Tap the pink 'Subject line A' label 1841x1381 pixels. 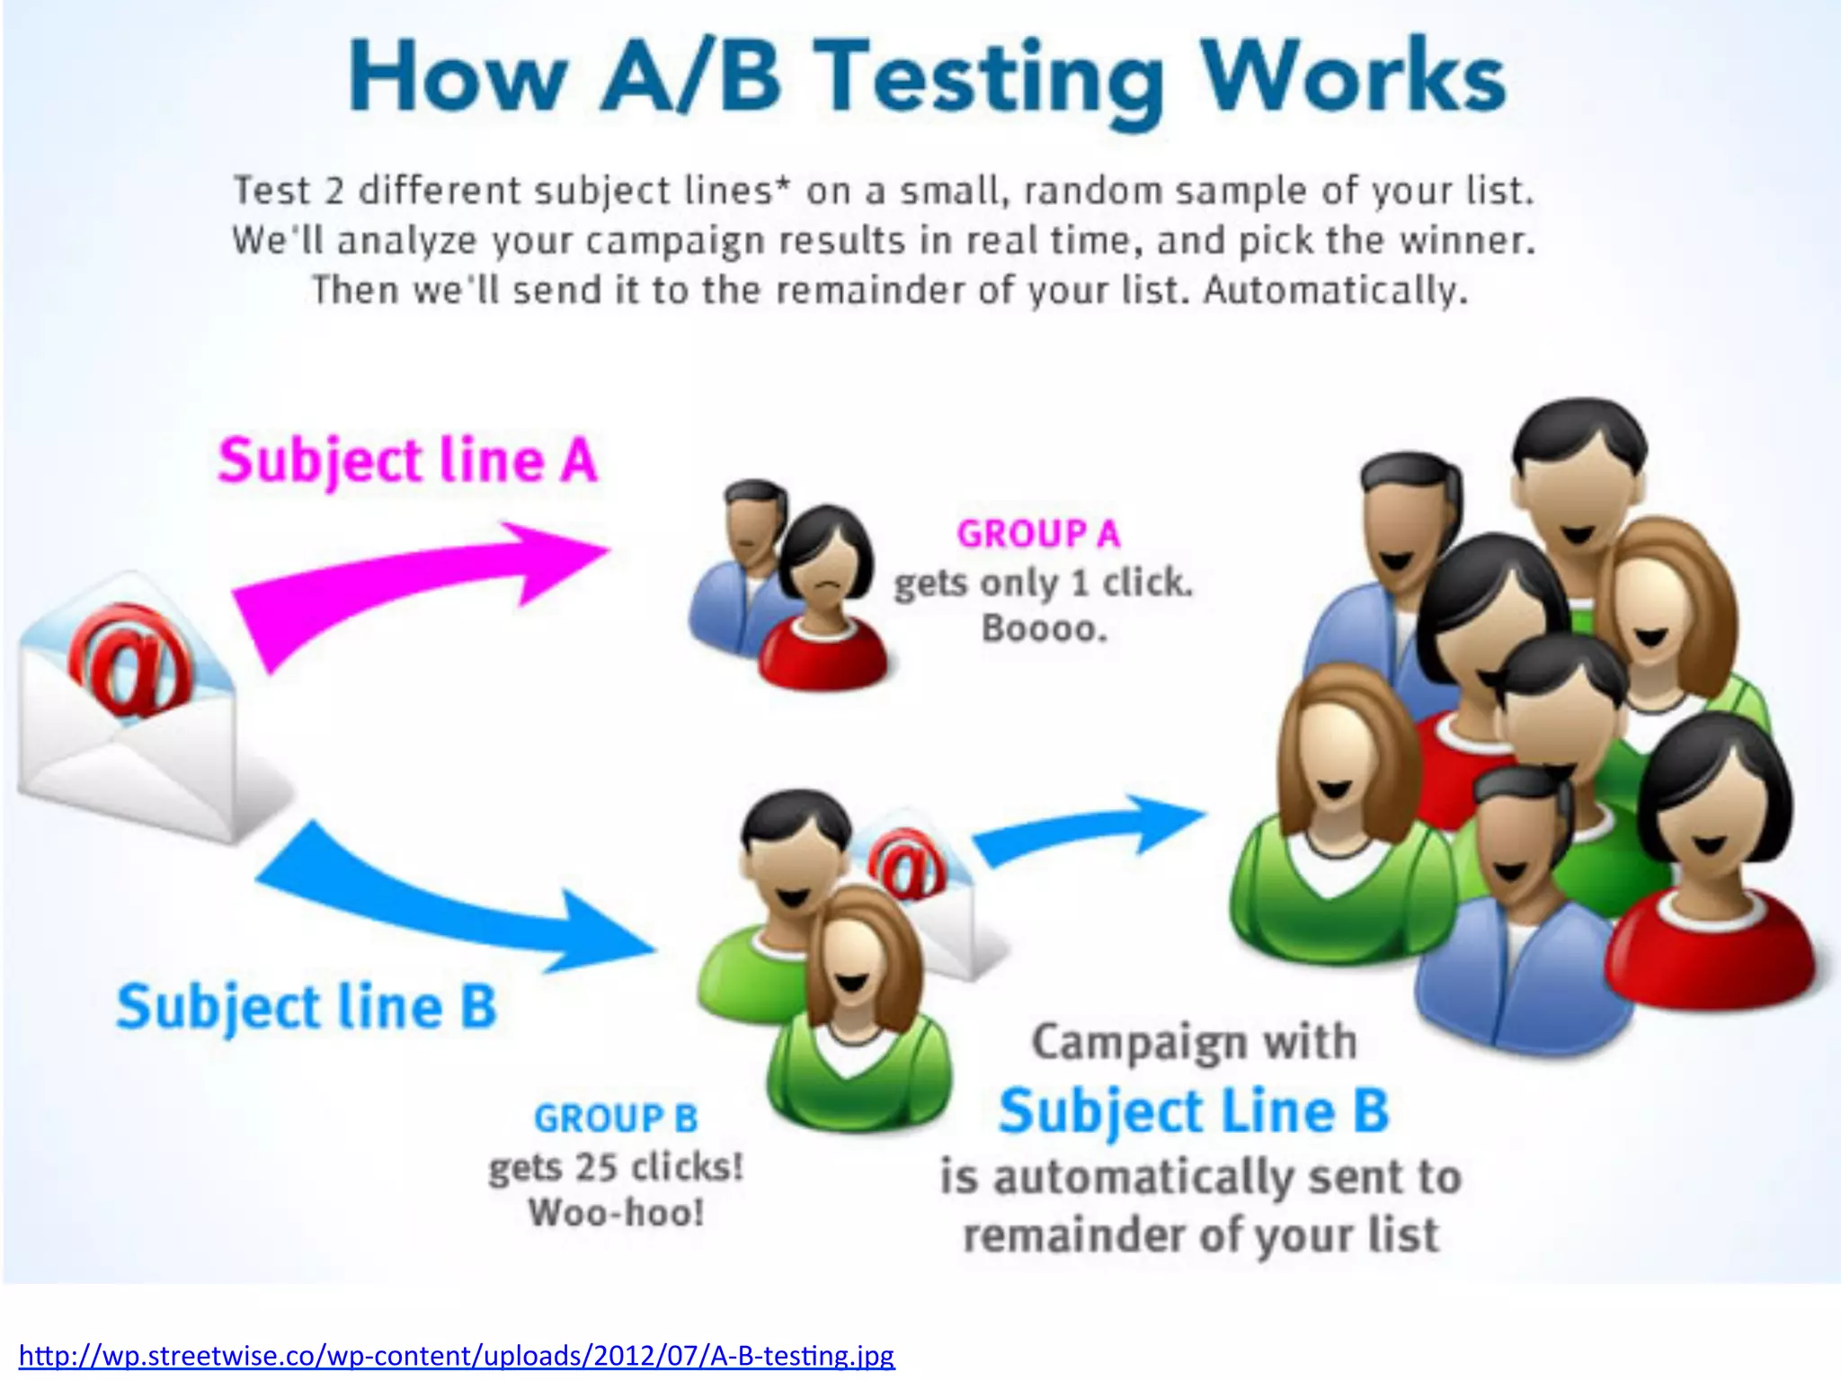(407, 461)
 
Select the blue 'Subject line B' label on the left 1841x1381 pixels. (307, 1007)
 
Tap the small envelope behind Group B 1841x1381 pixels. (935, 899)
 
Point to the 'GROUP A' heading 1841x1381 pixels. (1038, 534)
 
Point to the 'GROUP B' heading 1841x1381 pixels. (616, 1119)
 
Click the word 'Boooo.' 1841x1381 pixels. (1044, 628)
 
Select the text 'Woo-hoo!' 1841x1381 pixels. (616, 1213)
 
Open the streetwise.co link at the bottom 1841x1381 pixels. (457, 1355)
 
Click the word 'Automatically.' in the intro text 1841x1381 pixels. (1335, 291)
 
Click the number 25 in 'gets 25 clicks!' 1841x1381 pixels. (596, 1167)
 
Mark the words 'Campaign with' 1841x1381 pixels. (1194, 1043)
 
